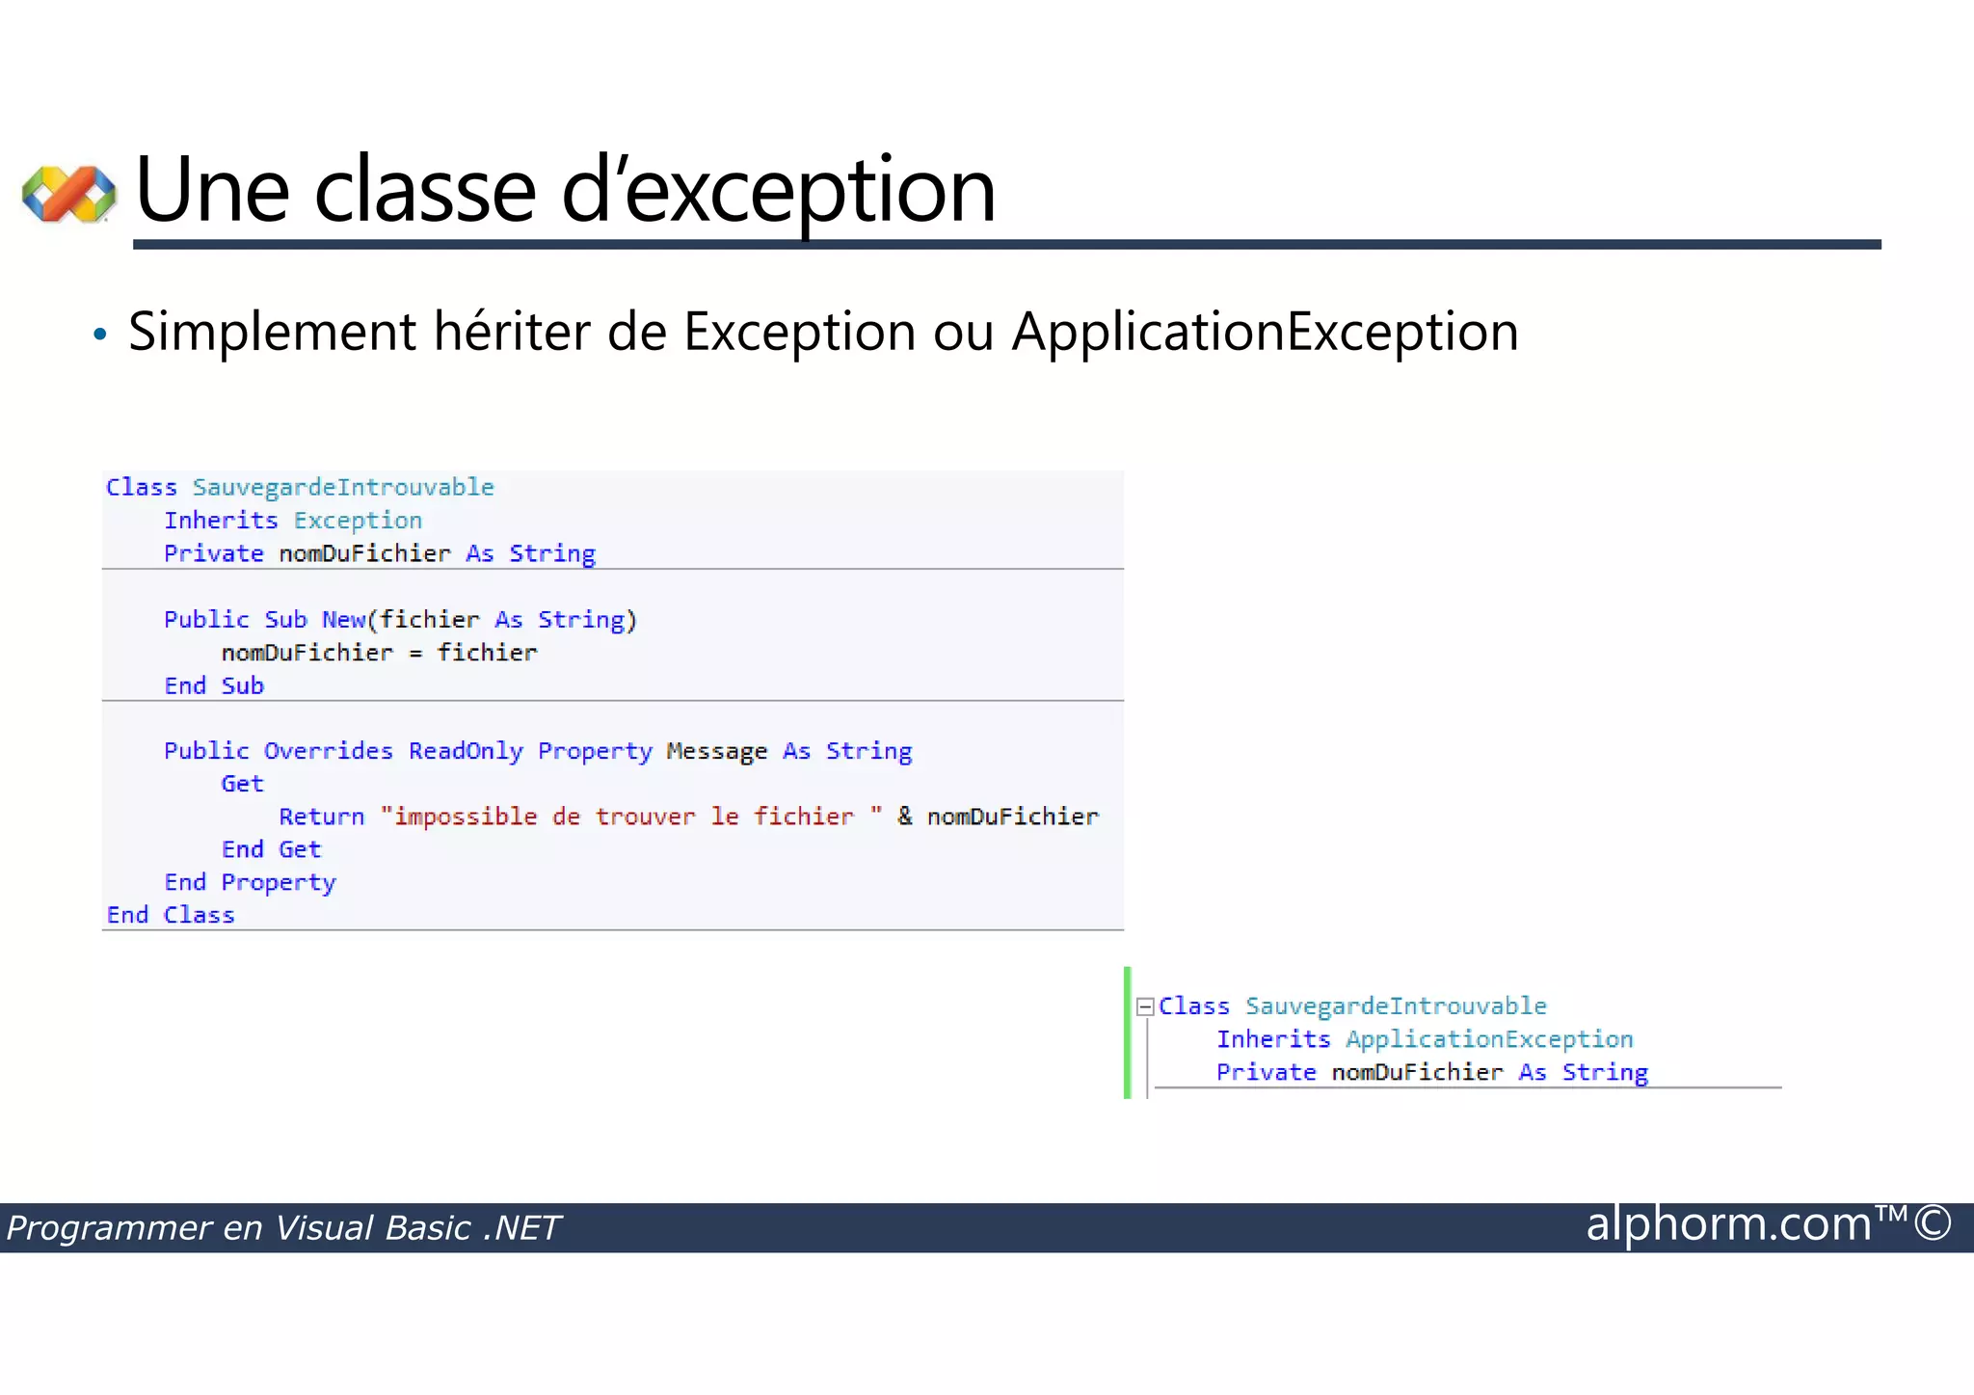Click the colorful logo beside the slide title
click(x=69, y=193)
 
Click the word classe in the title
click(x=425, y=191)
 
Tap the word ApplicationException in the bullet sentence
click(x=1265, y=333)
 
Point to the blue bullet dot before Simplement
click(x=99, y=335)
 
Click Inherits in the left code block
click(x=221, y=521)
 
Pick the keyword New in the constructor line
click(x=343, y=620)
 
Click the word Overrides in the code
click(x=328, y=751)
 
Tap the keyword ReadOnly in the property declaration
click(x=466, y=751)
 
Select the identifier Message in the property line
click(x=716, y=751)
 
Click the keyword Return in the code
click(x=322, y=817)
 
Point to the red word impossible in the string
click(x=466, y=817)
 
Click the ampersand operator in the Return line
click(x=904, y=816)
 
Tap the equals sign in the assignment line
click(x=415, y=654)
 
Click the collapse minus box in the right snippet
click(x=1145, y=1006)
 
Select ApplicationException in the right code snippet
click(x=1489, y=1039)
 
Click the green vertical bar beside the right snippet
click(x=1127, y=1032)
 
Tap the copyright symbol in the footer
click(x=1933, y=1223)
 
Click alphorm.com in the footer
click(x=1728, y=1225)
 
